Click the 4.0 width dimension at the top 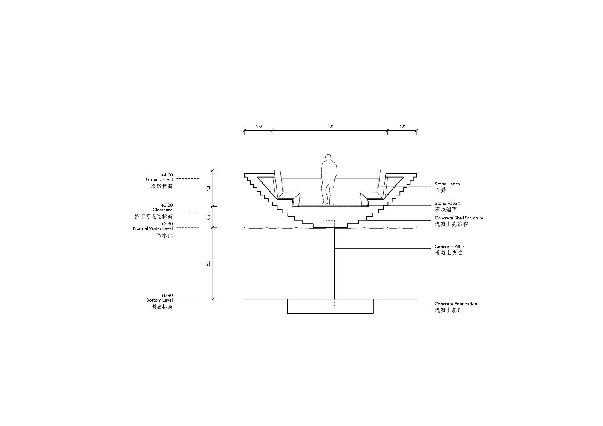(x=330, y=126)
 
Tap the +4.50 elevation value (x=167, y=175)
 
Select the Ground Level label (x=159, y=179)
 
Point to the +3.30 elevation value (x=167, y=205)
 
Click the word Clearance (x=162, y=210)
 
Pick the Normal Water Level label (x=153, y=228)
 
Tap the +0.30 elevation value (x=167, y=296)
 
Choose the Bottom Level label (x=159, y=300)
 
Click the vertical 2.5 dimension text (x=208, y=263)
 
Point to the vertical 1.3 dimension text (x=208, y=188)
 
